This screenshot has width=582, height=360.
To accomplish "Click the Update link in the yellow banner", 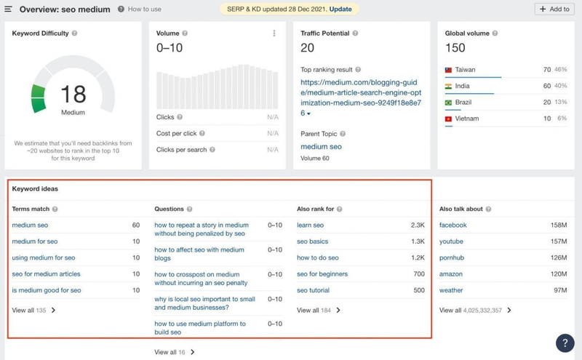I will (340, 9).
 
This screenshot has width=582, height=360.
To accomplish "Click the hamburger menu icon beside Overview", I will (9, 9).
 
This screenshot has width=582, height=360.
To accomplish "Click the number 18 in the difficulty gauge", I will (73, 94).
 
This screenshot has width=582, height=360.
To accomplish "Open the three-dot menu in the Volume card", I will (274, 33).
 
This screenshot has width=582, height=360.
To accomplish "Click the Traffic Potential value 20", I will (308, 48).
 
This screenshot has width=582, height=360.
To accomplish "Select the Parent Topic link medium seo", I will (321, 146).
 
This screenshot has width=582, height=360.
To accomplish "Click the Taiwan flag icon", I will (449, 70).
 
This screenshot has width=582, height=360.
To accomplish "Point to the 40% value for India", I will (560, 86).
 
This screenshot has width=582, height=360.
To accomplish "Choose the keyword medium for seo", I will (35, 241).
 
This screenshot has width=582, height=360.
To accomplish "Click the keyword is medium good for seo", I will (47, 290).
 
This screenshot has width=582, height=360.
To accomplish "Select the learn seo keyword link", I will (310, 225).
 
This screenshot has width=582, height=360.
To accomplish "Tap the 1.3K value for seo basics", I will (418, 241).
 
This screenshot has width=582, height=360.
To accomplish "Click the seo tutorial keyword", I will (313, 290).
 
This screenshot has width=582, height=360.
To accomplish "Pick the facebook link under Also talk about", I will (453, 225).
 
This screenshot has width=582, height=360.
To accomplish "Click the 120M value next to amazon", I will (559, 274).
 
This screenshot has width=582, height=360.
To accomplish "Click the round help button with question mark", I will (565, 343).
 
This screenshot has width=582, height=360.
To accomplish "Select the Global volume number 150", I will (455, 48).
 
